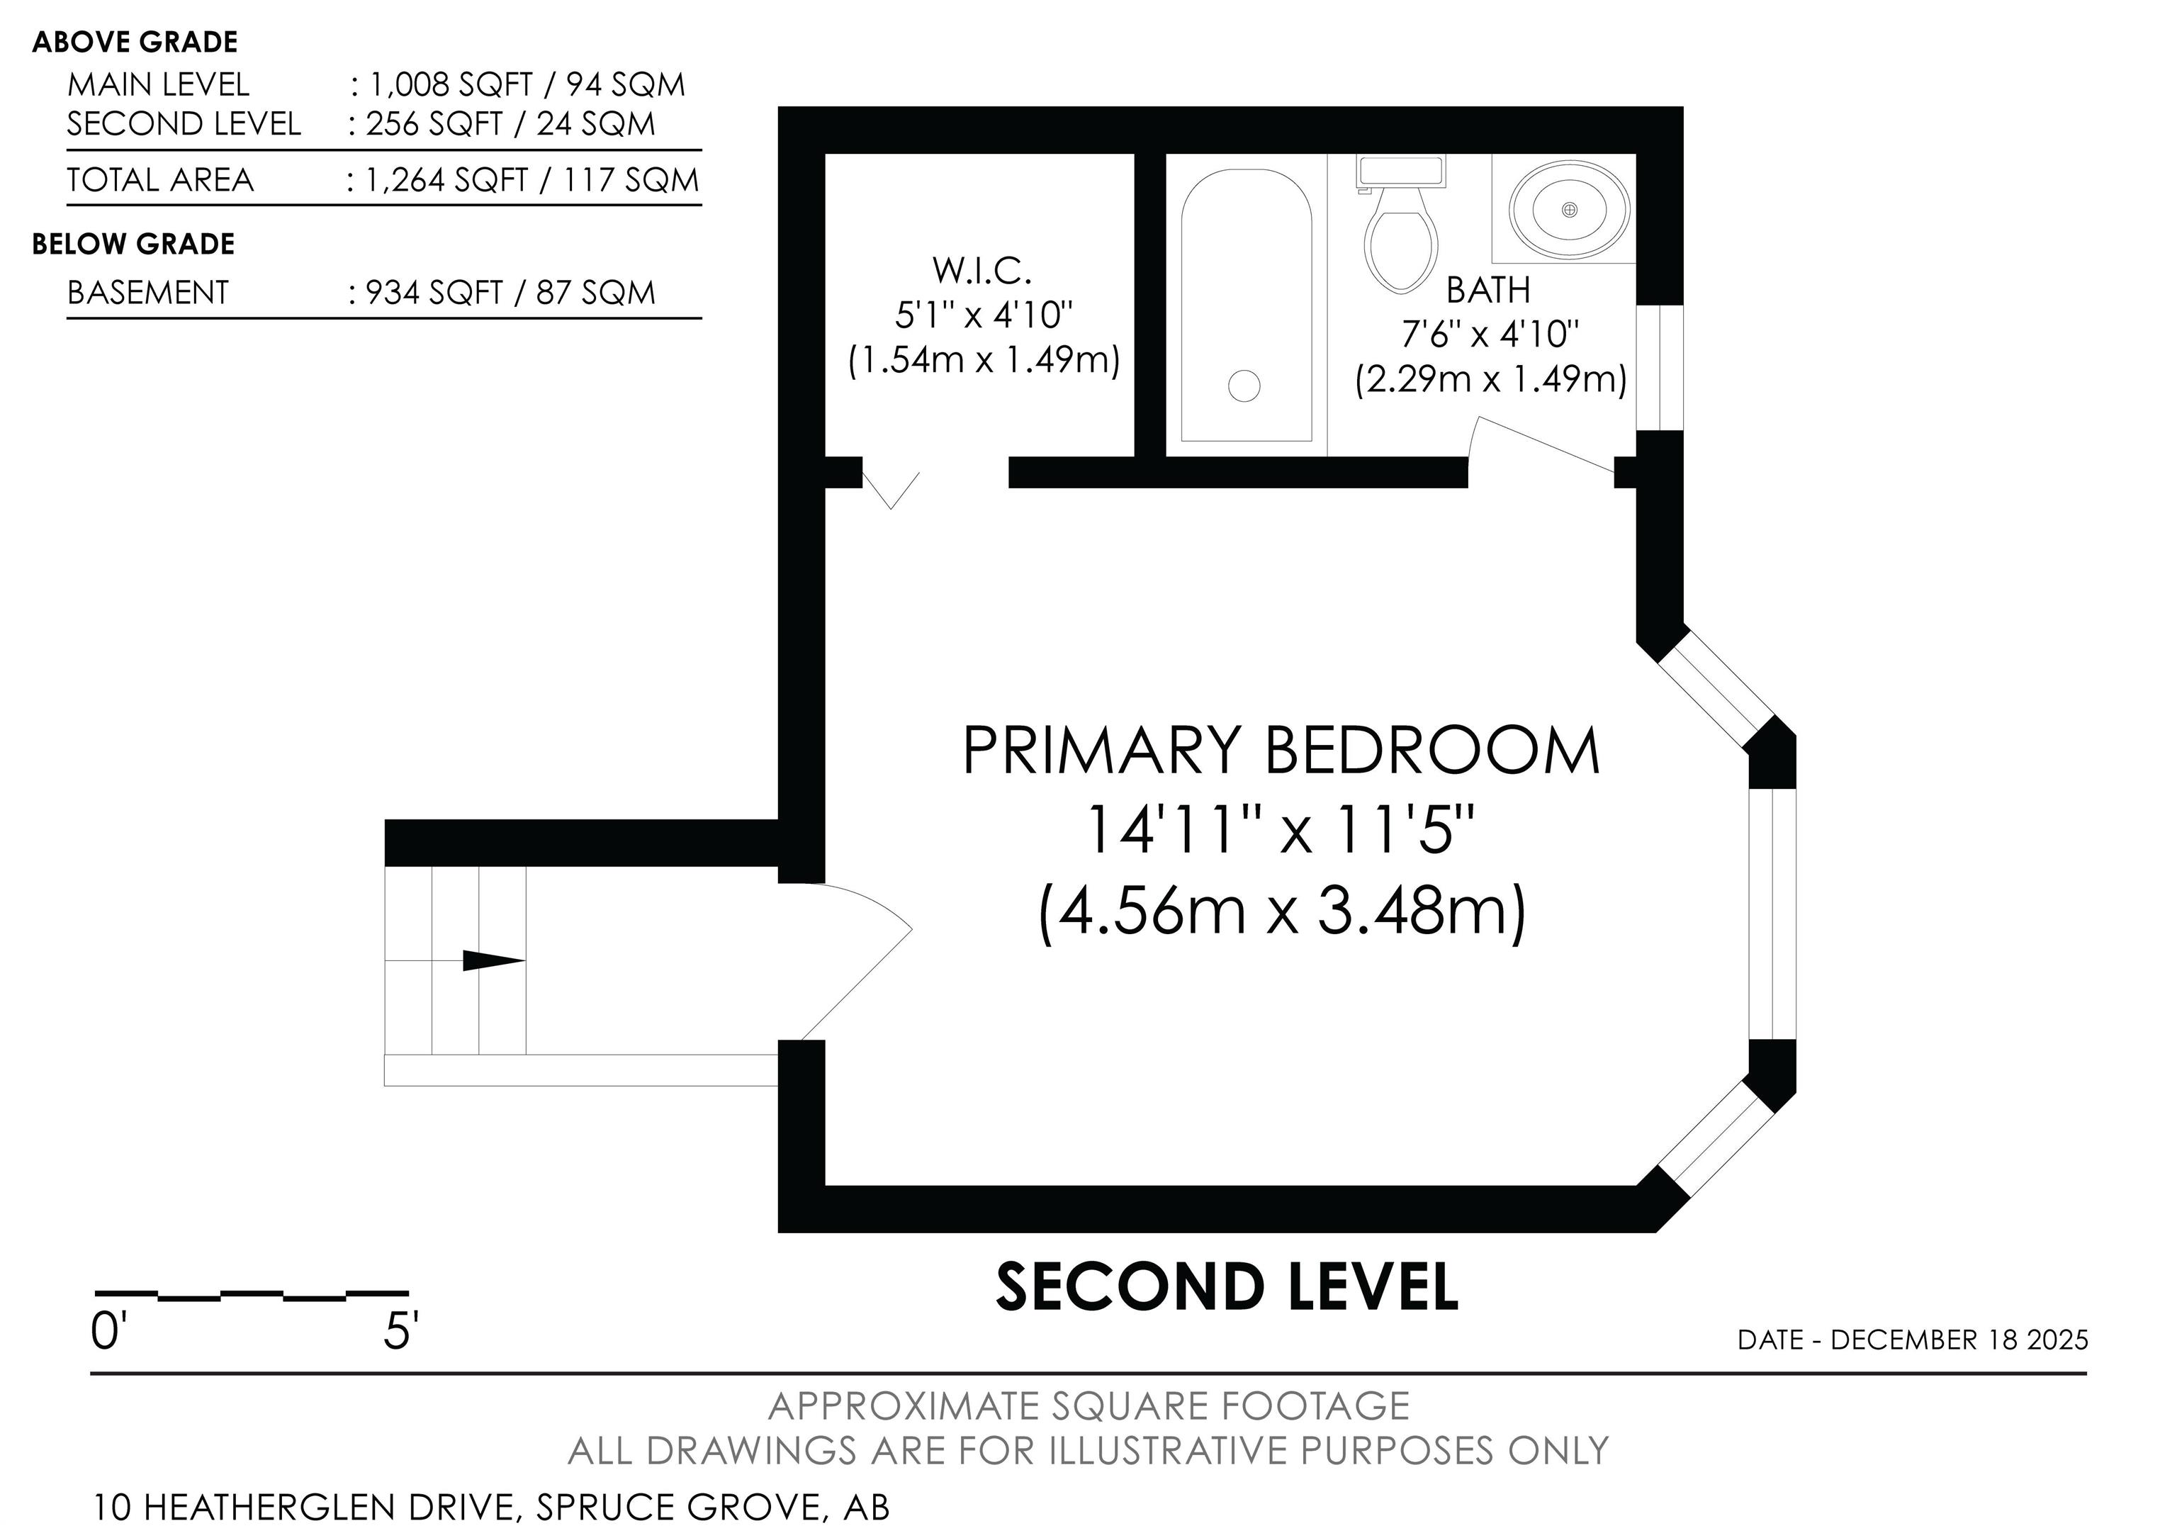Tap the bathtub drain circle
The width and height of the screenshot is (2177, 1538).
(1244, 386)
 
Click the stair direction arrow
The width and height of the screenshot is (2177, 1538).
(493, 960)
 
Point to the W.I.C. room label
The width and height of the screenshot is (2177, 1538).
(982, 270)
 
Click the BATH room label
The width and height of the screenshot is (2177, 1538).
(1489, 290)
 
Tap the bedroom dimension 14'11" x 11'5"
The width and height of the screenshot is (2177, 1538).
(1281, 831)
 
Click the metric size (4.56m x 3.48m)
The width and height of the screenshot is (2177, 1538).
(1283, 911)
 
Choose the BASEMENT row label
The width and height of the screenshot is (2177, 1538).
(148, 293)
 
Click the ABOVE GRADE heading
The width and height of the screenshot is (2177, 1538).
(135, 43)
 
